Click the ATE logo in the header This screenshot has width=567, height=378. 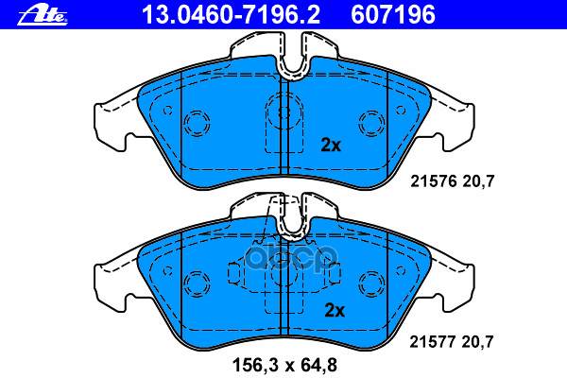pyautogui.click(x=43, y=16)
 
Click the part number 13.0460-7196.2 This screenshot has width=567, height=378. pyautogui.click(x=231, y=15)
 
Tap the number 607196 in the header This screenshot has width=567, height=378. pyautogui.click(x=393, y=15)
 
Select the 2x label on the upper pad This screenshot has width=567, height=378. pyautogui.click(x=331, y=145)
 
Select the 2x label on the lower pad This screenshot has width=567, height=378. pyautogui.click(x=335, y=310)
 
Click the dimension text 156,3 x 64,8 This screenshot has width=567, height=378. pyautogui.click(x=285, y=365)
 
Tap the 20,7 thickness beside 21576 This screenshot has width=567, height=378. pyautogui.click(x=478, y=181)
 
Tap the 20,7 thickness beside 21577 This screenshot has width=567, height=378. pyautogui.click(x=477, y=342)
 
